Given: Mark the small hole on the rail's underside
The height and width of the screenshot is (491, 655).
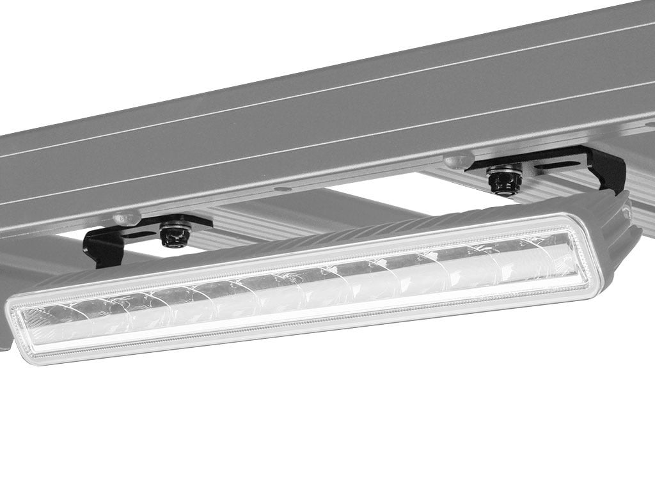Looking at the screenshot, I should click(281, 189).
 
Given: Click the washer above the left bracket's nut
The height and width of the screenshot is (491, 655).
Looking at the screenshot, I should click(175, 226).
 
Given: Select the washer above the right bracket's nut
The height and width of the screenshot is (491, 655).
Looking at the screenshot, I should click(504, 171).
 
